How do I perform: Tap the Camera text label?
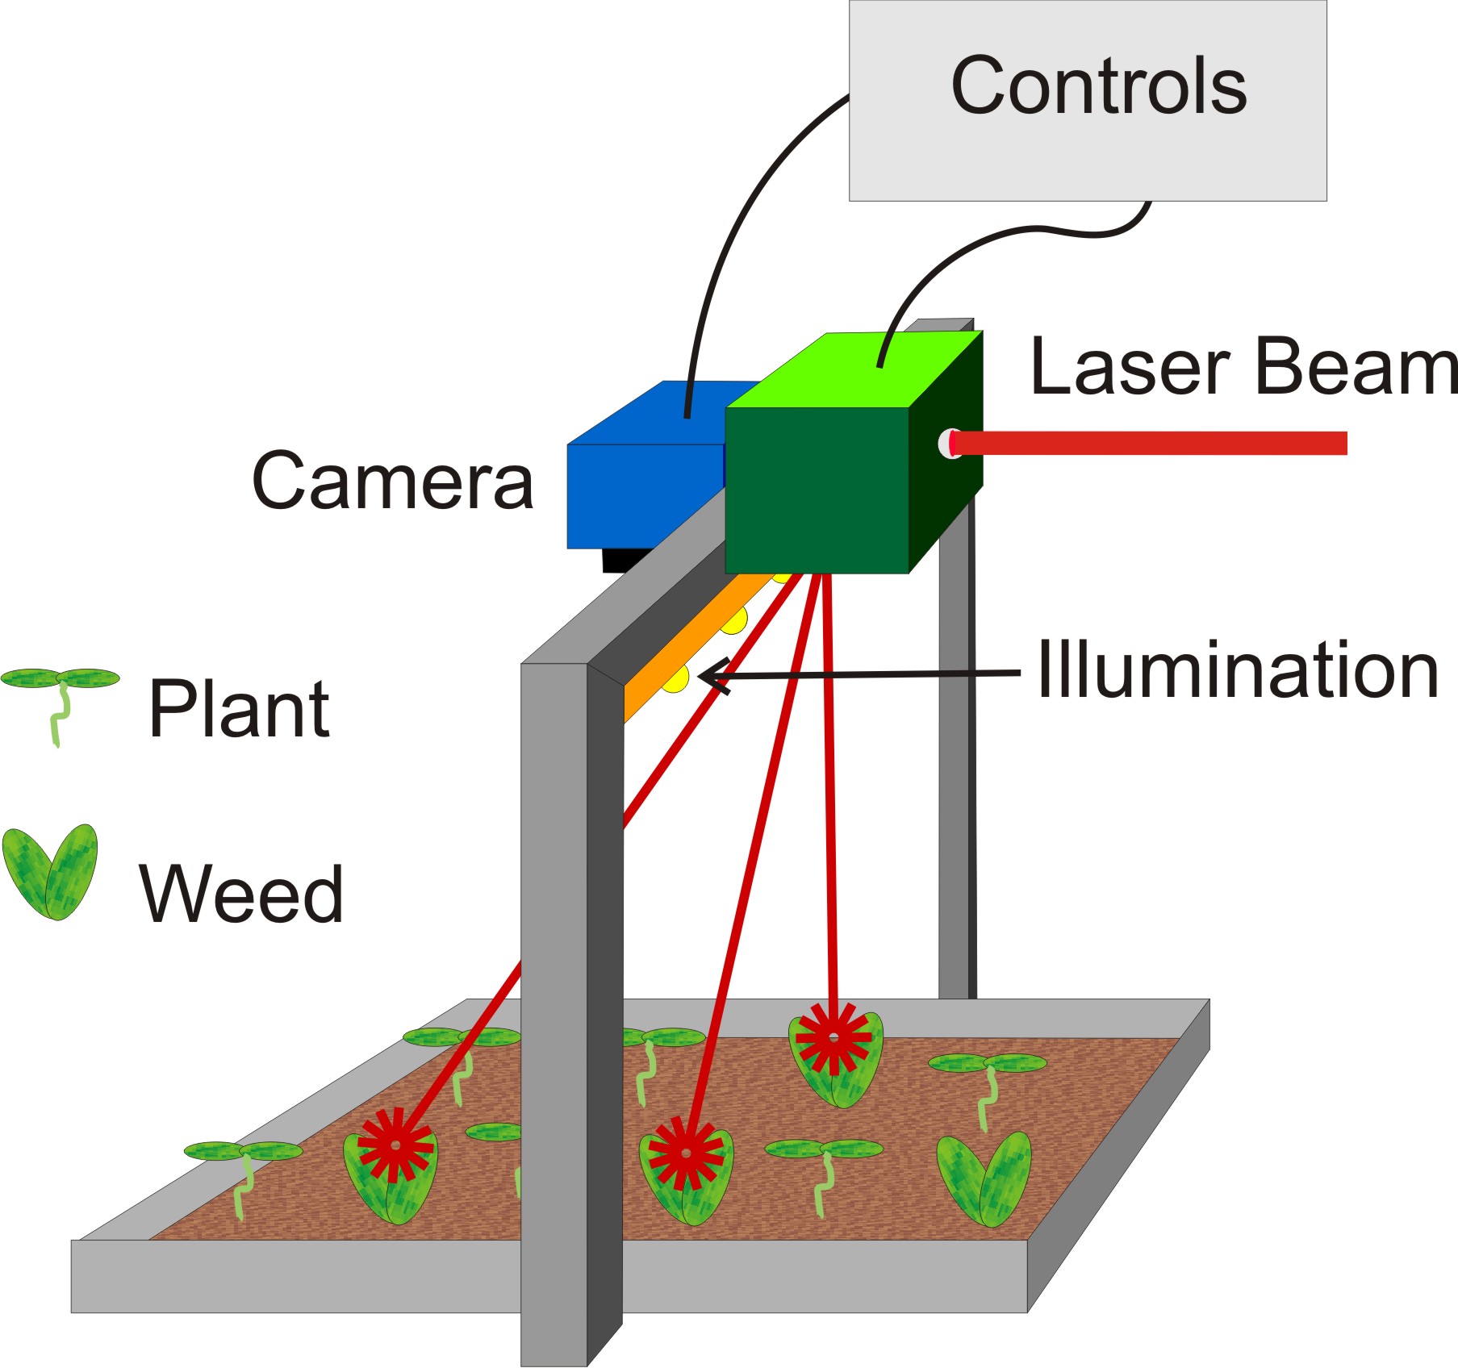pos(393,482)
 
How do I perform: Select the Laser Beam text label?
pos(1243,367)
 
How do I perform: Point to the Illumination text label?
pos(1237,670)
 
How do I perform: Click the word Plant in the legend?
pos(239,709)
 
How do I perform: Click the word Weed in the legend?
pos(241,893)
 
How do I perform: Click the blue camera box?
pos(637,492)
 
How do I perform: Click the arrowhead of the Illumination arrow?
pos(710,676)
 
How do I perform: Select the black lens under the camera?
pos(625,560)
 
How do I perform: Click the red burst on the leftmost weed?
pos(395,1145)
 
